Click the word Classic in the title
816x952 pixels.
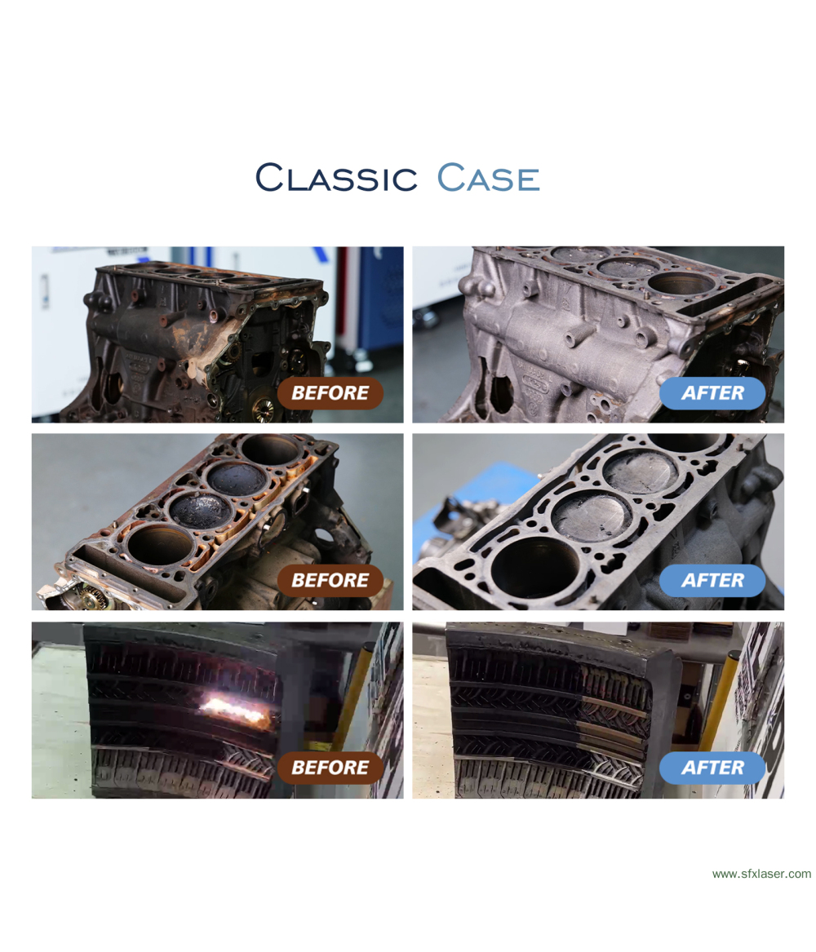335,177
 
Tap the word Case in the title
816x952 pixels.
488,177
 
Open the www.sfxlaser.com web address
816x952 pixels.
761,874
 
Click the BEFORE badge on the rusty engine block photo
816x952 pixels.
330,393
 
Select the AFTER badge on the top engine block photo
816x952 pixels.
712,393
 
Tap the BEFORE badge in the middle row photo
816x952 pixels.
330,581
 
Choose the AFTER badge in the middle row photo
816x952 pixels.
712,581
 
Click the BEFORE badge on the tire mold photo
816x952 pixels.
330,768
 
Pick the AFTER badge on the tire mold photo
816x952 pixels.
712,768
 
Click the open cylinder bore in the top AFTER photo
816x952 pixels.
678,282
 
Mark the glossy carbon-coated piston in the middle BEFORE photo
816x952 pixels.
202,509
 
